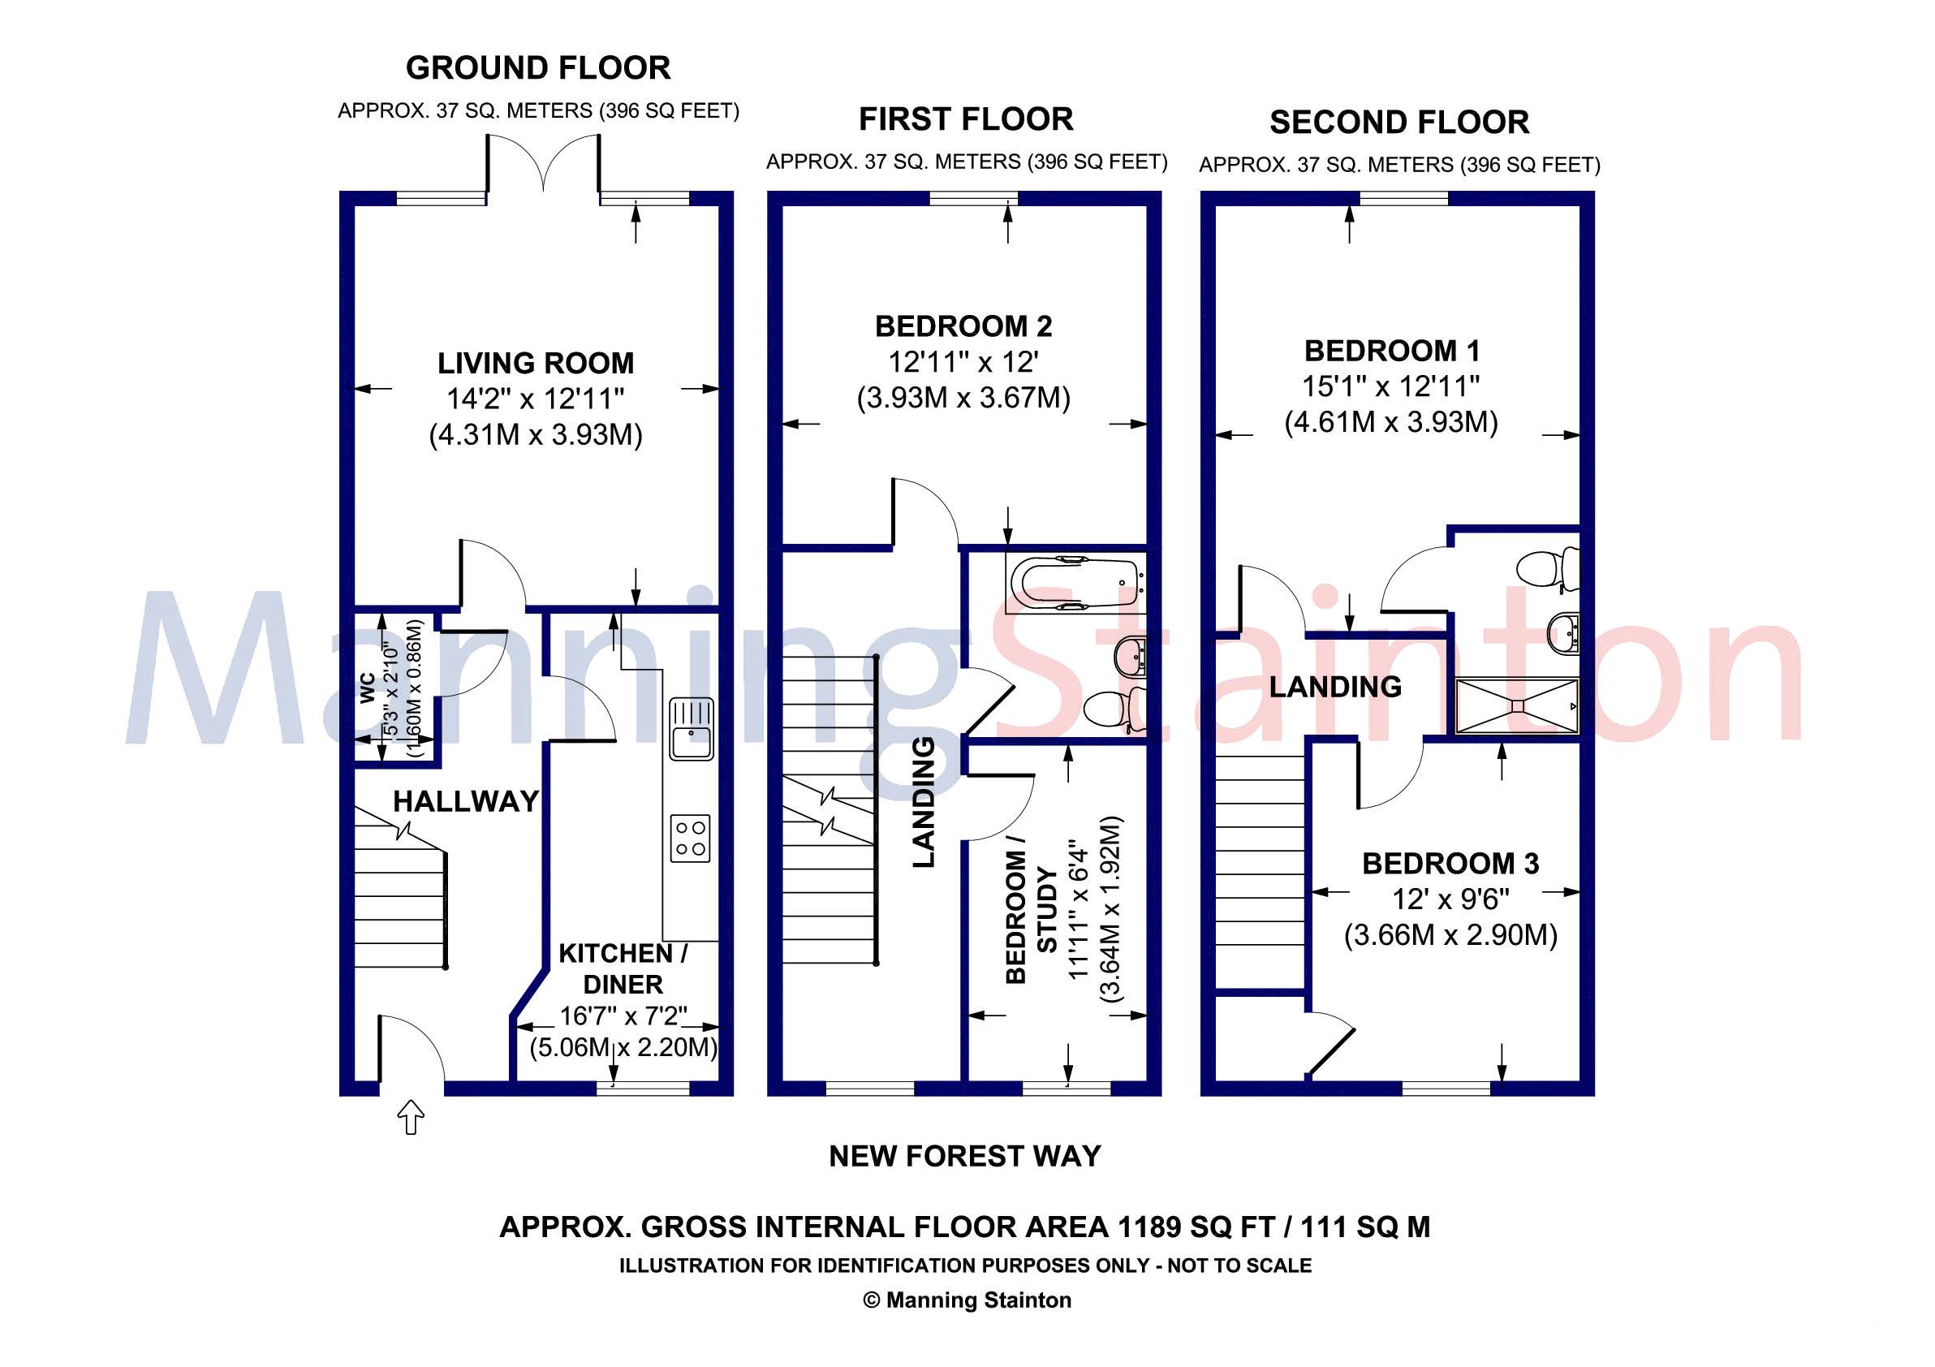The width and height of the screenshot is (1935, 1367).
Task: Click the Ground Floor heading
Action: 537,68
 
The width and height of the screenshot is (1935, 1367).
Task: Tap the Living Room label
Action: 535,363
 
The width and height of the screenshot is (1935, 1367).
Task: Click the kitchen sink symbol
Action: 692,730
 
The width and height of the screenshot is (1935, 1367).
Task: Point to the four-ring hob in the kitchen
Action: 690,838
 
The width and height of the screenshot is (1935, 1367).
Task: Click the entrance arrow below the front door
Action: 411,1118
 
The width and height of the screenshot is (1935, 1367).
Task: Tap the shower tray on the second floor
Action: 1516,705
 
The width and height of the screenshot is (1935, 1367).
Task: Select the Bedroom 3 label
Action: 1450,864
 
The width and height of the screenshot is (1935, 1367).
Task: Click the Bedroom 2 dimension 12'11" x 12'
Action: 963,362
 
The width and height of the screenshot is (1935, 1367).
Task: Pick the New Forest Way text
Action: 965,1156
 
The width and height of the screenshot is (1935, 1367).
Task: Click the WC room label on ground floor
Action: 368,688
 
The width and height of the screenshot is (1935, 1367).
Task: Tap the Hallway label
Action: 466,800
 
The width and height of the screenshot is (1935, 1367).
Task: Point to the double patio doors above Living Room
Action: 544,164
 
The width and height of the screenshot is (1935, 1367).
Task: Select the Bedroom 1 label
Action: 1392,351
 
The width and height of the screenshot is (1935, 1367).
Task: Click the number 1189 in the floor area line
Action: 1149,1227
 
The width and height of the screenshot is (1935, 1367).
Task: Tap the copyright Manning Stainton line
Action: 967,1300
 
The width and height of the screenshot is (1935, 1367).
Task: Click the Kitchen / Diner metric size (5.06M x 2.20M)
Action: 623,1048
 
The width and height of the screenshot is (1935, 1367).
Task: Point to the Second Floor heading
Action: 1399,123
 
